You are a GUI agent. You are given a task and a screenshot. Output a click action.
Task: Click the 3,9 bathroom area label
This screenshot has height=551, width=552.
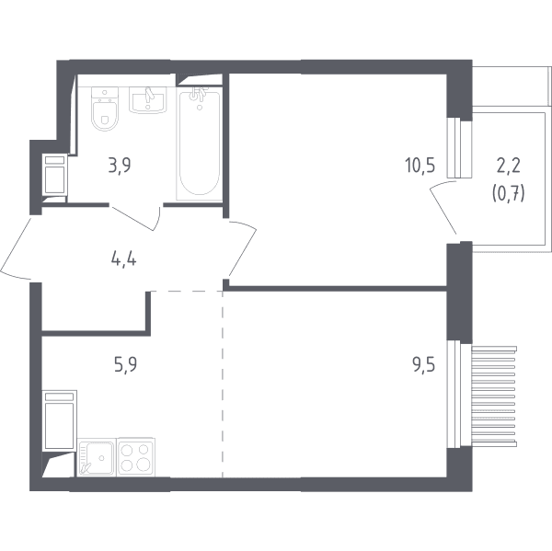[x=120, y=166]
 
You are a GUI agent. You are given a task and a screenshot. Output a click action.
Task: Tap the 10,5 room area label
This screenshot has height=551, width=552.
[x=420, y=166]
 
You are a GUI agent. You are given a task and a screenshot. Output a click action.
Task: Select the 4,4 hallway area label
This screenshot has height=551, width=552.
[x=123, y=259]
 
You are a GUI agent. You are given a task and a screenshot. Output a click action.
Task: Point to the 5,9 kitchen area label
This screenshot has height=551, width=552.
[x=126, y=364]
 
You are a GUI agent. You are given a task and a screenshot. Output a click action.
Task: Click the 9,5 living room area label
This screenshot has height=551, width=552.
[x=424, y=364]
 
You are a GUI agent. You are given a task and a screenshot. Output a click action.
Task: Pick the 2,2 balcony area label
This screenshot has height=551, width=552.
[x=509, y=166]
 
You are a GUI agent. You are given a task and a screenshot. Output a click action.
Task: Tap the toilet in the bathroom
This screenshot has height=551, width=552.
[x=105, y=109]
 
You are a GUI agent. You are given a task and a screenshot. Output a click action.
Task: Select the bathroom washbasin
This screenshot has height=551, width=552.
[x=147, y=100]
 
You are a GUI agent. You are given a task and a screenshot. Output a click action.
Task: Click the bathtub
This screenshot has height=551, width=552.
[x=200, y=143]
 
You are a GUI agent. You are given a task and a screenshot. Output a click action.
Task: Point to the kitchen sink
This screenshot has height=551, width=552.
[x=97, y=457]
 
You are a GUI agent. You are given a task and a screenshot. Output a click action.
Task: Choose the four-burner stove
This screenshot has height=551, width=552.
[x=136, y=457]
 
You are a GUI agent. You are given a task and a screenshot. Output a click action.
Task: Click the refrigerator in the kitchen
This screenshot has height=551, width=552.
[x=59, y=420]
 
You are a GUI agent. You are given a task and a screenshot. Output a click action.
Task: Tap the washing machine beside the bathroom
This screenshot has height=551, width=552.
[x=55, y=175]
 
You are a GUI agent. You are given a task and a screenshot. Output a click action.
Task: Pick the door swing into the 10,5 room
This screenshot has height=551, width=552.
[x=244, y=247]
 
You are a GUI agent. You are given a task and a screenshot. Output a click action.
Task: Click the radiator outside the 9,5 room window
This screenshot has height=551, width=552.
[x=493, y=396]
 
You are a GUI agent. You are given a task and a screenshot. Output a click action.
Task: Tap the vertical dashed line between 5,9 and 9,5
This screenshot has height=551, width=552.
[x=223, y=384]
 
